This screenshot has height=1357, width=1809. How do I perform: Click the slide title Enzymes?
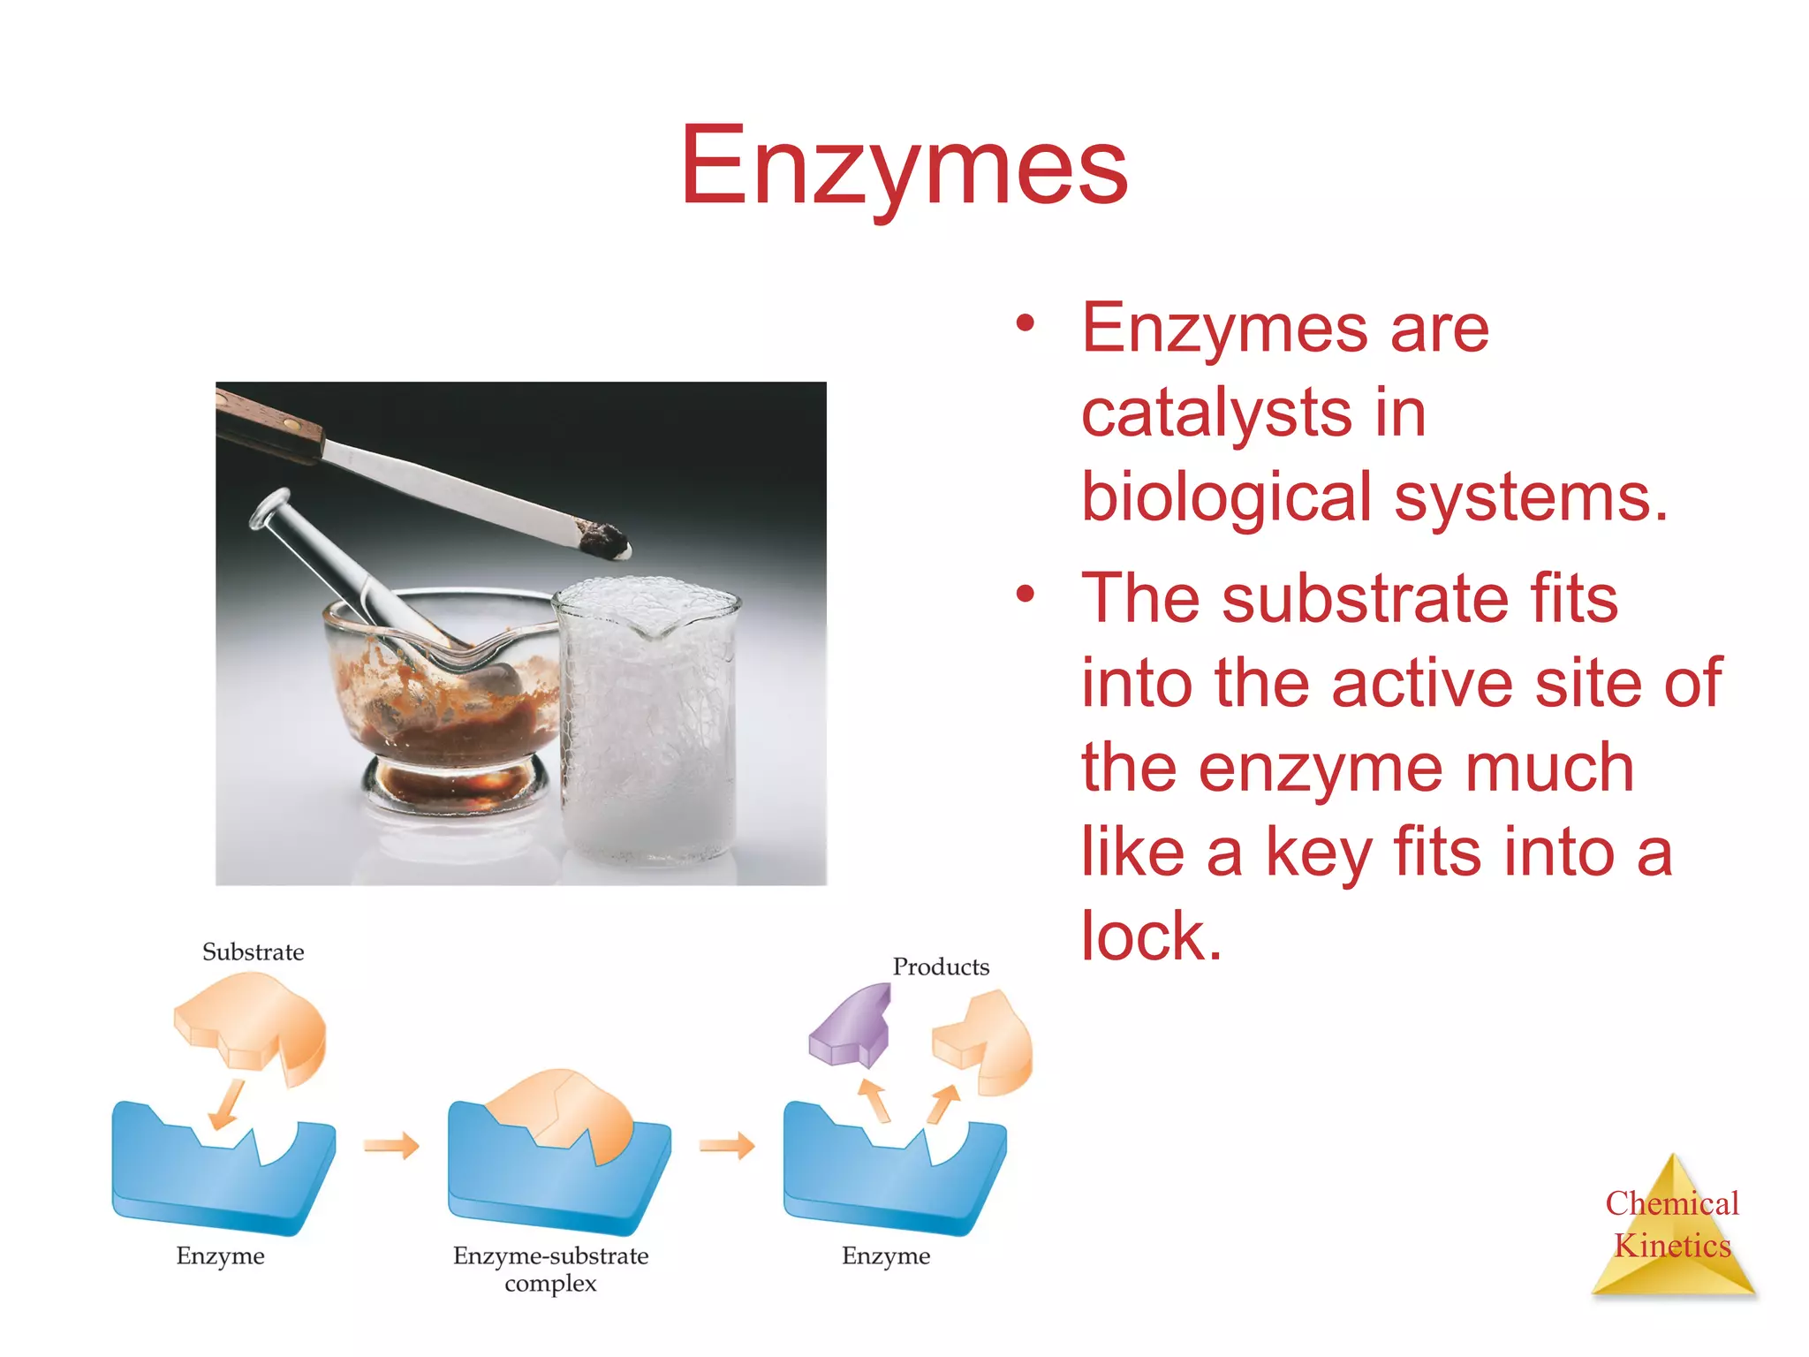903,166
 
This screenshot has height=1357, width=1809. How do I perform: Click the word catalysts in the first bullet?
1215,413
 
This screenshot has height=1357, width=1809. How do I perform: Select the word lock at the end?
1150,936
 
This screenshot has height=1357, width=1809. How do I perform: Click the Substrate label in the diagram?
253,951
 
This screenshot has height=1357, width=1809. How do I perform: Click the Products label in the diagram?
940,967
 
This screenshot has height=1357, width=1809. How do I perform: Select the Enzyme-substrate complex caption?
550,1268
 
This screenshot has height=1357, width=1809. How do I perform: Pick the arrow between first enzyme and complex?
391,1146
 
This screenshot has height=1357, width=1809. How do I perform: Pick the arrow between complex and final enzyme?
727,1146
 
